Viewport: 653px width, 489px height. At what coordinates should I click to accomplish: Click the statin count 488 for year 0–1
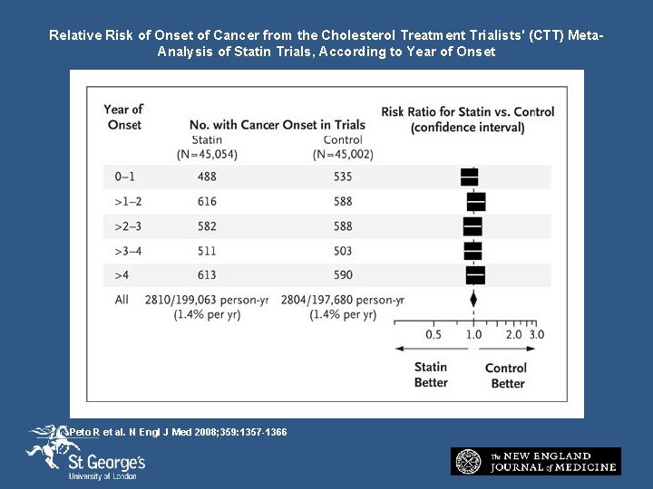coord(207,177)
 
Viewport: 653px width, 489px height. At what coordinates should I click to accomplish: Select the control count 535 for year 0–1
coord(342,177)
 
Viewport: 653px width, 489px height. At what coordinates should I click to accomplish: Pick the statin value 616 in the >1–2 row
coord(207,201)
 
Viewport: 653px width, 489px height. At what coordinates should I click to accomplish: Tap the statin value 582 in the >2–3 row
coord(207,225)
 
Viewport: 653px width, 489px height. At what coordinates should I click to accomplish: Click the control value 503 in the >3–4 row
coord(342,251)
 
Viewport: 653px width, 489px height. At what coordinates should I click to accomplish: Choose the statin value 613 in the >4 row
coord(207,275)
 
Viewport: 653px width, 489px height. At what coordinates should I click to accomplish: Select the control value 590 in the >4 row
coord(342,275)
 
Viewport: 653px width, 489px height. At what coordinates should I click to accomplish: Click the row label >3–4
coord(123,251)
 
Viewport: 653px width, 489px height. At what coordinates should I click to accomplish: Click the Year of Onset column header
coord(123,117)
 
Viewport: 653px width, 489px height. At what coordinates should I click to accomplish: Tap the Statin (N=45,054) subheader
coord(207,147)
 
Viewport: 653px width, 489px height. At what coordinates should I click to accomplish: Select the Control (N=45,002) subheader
coord(342,147)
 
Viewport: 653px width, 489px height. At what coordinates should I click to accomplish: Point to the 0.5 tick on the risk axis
coord(434,334)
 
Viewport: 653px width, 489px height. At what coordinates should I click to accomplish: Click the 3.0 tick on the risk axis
coord(537,334)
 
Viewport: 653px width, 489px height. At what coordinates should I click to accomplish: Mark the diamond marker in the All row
coord(473,299)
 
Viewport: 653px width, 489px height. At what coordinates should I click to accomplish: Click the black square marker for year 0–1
coord(470,177)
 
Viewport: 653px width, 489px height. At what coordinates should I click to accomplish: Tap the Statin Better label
coord(431,375)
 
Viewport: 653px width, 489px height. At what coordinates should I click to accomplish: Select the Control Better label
coord(506,375)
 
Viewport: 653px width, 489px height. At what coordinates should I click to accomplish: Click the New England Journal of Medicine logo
coord(536,461)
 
